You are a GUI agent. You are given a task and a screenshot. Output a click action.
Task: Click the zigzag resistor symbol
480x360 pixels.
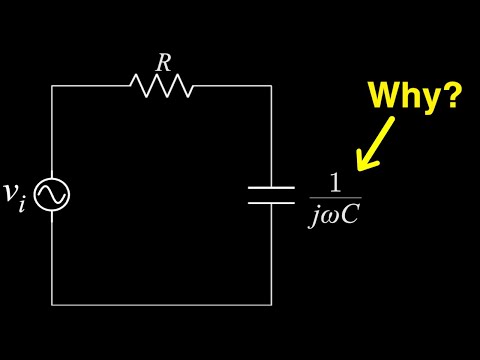[x=161, y=86]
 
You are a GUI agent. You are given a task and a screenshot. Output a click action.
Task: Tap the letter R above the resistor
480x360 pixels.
[x=162, y=62]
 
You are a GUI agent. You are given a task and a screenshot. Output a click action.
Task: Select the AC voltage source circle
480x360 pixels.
[x=52, y=195]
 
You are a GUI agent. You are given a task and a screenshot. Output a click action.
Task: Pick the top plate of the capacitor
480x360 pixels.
[x=271, y=187]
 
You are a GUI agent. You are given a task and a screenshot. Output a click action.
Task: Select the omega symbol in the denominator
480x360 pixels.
[x=328, y=213]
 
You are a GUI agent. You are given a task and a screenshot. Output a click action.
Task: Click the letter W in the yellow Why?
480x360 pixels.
[x=384, y=96]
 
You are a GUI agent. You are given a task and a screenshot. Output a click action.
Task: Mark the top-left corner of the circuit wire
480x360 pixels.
[x=52, y=86]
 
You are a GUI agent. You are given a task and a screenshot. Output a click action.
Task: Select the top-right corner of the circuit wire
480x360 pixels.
[x=271, y=86]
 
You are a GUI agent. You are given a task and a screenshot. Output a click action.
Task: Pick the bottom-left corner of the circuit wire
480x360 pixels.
[x=52, y=303]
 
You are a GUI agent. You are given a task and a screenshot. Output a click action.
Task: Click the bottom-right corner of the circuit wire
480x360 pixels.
[x=271, y=303]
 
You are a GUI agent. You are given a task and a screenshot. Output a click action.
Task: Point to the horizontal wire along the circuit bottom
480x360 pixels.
[x=161, y=303]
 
